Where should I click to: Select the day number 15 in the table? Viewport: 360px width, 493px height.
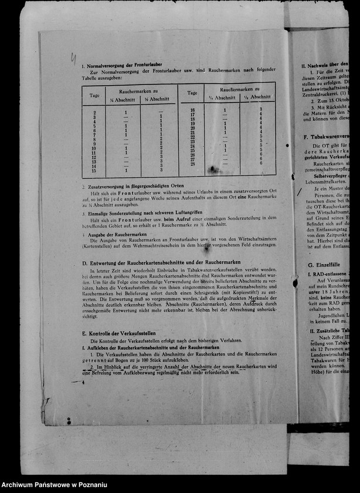click(x=94, y=170)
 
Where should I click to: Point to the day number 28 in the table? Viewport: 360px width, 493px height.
click(x=192, y=164)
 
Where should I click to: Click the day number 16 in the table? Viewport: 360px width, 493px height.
click(x=192, y=110)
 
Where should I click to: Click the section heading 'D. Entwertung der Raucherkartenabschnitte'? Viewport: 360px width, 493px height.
click(x=161, y=262)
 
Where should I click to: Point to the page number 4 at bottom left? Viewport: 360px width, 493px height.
click(x=83, y=382)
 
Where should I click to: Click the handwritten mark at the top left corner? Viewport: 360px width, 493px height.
click(x=73, y=58)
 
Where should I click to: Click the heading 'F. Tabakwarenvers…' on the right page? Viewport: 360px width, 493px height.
click(x=326, y=137)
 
